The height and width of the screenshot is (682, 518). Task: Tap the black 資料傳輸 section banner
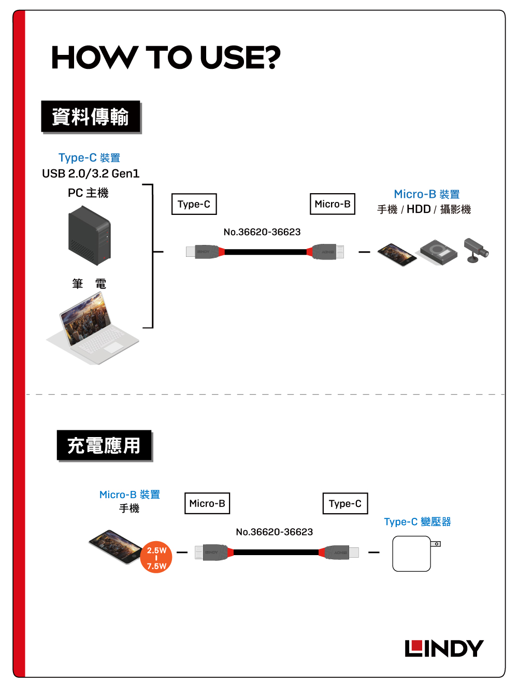(x=91, y=117)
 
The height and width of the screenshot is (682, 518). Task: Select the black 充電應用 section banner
(x=104, y=445)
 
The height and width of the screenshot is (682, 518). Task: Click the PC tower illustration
(x=90, y=236)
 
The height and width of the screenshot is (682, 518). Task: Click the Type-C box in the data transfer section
(x=194, y=204)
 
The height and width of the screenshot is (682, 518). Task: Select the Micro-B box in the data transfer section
(x=333, y=204)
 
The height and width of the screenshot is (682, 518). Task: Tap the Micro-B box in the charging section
(x=207, y=503)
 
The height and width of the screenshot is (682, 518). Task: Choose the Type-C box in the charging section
(x=345, y=503)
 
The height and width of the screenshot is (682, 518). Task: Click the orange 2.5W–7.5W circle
(x=156, y=558)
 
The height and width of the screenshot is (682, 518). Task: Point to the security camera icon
(x=476, y=250)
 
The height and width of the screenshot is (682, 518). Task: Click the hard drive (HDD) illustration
(x=439, y=252)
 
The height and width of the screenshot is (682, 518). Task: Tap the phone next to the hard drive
(x=397, y=254)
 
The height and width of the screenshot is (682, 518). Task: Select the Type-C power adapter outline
(x=413, y=554)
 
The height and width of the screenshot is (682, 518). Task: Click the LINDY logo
(x=444, y=648)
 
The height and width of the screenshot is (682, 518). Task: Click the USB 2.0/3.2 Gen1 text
(x=91, y=173)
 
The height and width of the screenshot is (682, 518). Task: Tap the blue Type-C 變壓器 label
(x=418, y=521)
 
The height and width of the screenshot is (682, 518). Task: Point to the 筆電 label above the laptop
(x=89, y=284)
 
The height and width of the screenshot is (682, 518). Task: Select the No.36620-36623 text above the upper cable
(x=262, y=232)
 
